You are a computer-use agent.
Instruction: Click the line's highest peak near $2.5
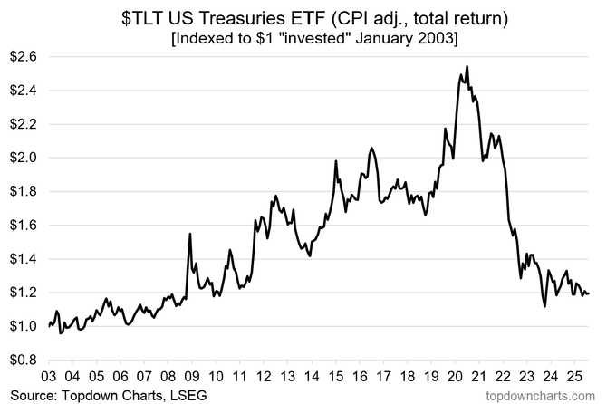(x=466, y=66)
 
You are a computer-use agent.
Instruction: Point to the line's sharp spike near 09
(x=189, y=233)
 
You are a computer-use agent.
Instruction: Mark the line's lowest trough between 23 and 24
(x=544, y=306)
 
